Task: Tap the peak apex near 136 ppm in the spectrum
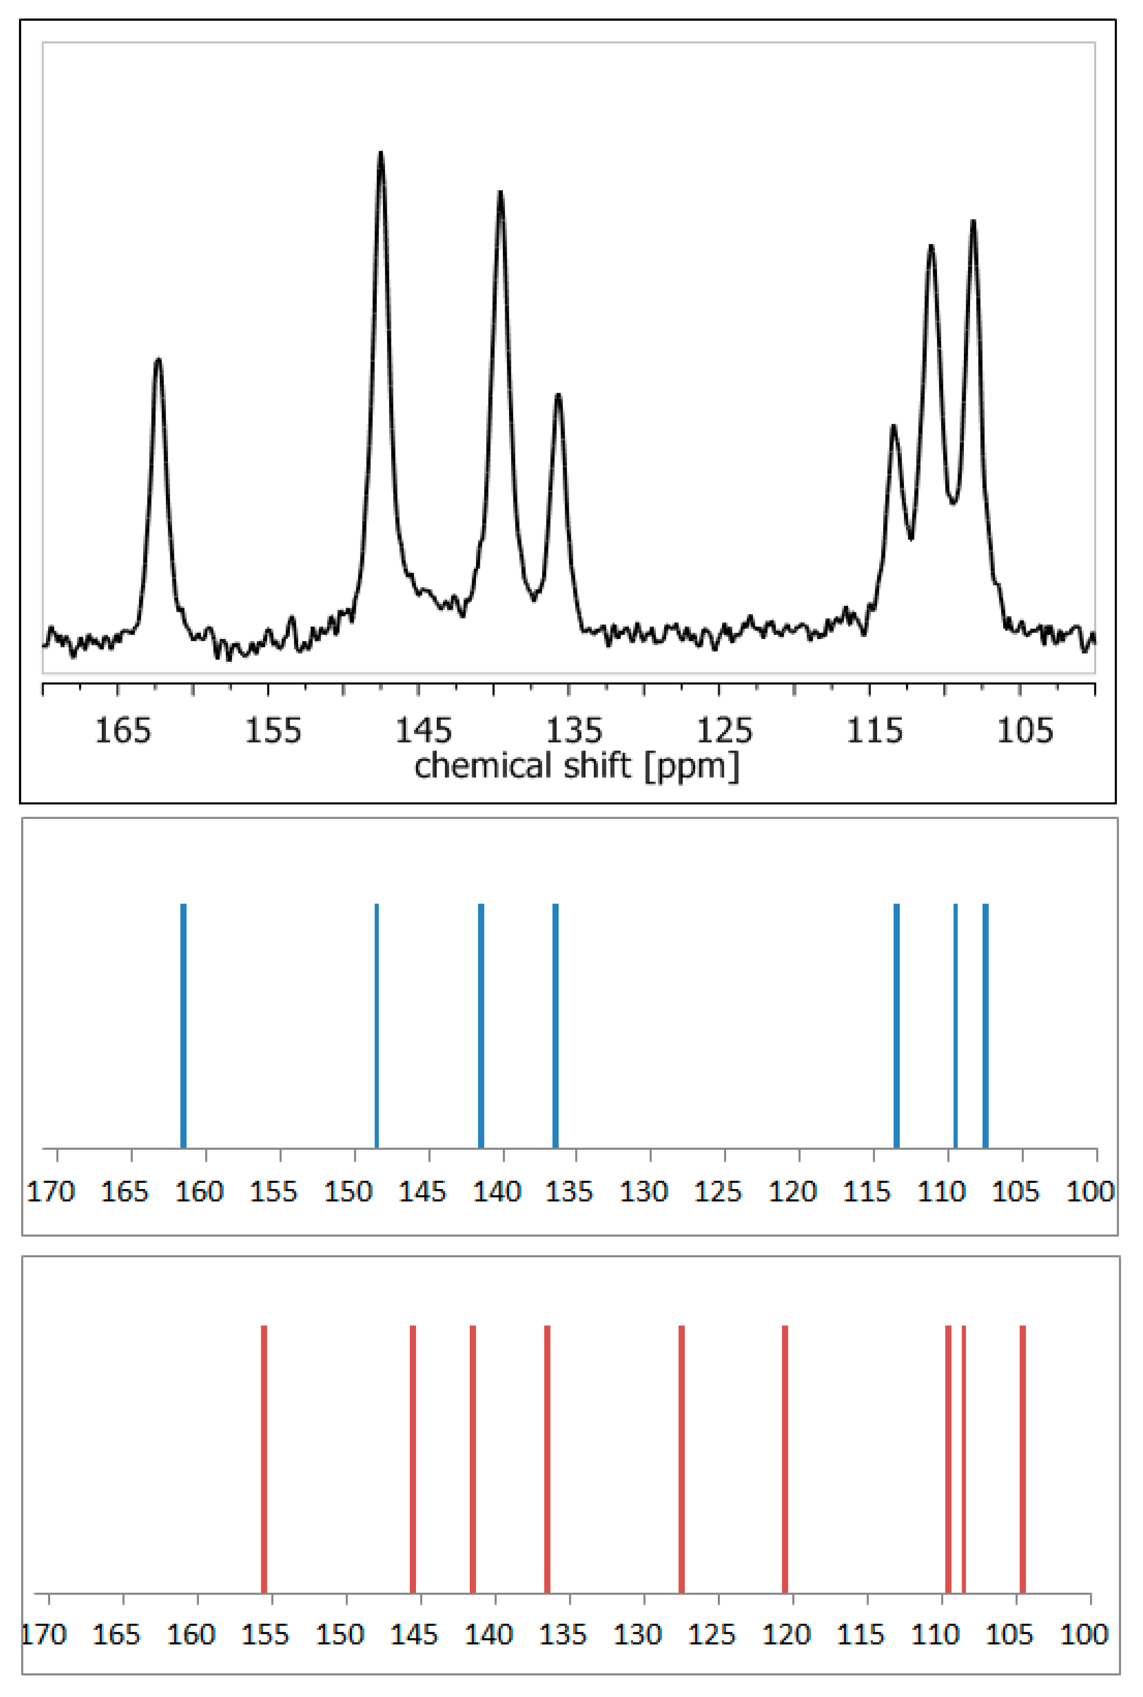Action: coord(558,396)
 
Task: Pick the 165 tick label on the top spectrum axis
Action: coord(123,730)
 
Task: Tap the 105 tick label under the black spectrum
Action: coord(1025,730)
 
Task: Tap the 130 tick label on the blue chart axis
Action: coord(644,1192)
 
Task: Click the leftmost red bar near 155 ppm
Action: coord(264,1458)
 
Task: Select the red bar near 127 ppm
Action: coord(682,1458)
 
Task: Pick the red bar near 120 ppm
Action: coord(785,1458)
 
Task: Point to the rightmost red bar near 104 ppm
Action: coord(1023,1458)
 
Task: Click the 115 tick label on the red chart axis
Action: coord(860,1635)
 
